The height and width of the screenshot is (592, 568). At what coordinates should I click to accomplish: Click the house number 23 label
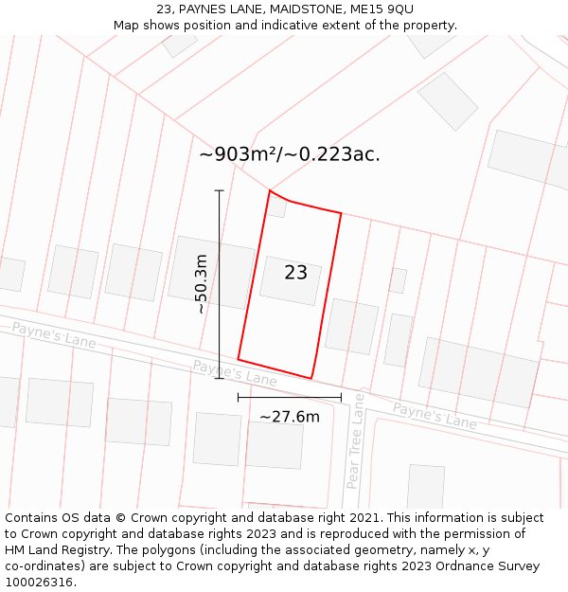295,273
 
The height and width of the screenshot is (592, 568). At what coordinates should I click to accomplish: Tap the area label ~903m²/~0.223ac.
290,154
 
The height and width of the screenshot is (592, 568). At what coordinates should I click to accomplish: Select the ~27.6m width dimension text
290,416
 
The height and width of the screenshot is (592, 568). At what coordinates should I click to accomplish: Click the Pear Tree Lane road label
355,440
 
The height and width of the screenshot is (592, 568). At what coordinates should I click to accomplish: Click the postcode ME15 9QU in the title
386,9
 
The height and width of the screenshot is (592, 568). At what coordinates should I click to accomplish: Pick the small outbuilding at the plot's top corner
276,206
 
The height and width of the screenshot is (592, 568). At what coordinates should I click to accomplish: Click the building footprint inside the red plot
290,281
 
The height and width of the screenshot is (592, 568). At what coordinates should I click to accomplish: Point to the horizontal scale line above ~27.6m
289,398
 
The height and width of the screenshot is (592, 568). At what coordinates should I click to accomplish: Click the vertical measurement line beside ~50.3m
219,284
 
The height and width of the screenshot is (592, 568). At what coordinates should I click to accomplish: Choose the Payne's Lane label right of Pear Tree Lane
435,416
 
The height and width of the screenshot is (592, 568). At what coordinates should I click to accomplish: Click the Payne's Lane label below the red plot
234,372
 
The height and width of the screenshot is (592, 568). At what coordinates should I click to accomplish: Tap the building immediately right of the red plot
351,327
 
